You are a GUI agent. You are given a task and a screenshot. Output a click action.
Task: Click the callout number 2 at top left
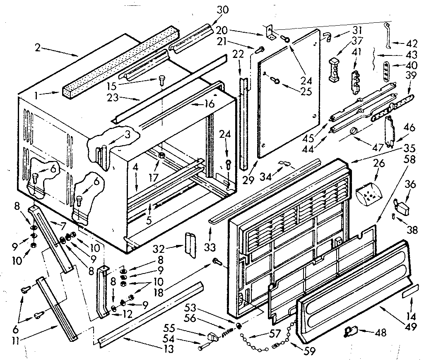point(38,48)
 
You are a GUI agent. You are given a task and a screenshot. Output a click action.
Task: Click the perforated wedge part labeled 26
point(369,193)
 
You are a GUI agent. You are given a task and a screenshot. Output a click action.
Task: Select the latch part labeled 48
point(351,330)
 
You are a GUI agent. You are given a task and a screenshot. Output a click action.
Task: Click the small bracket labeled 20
point(270,32)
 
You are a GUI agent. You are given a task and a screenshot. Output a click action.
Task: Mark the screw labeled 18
point(216,261)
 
